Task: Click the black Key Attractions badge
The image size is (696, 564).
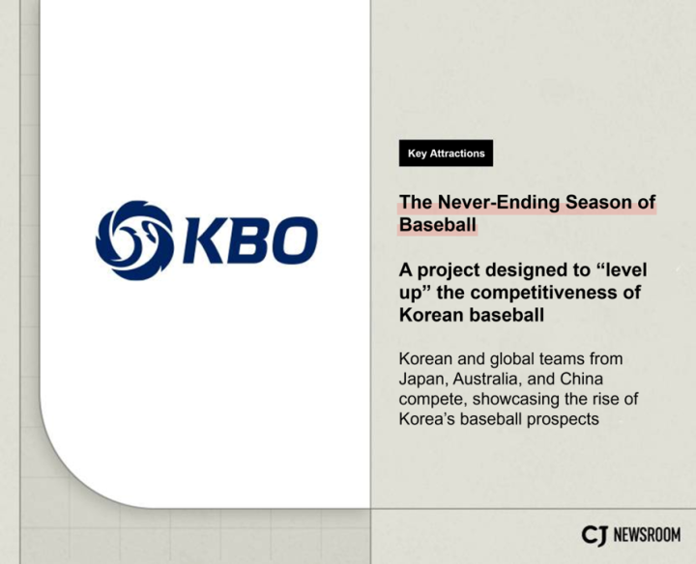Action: [x=446, y=154]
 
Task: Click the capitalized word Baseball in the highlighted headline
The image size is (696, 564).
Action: [x=438, y=225]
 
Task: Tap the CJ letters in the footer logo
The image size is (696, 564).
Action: [x=594, y=535]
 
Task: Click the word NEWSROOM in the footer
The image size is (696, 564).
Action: [x=648, y=535]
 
